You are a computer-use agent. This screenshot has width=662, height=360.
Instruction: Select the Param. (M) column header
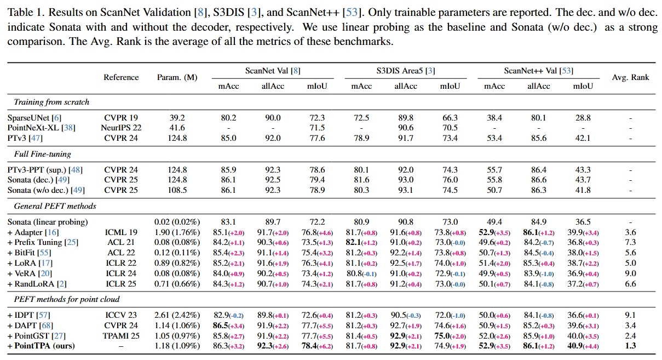pyautogui.click(x=177, y=77)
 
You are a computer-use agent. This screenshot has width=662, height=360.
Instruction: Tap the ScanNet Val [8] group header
pyautogui.click(x=273, y=70)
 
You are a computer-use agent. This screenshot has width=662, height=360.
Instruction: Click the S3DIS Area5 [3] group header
pyautogui.click(x=405, y=70)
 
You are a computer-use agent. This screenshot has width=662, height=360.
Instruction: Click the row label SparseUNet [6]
pyautogui.click(x=34, y=118)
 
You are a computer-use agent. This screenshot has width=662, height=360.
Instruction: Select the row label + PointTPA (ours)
pyautogui.click(x=41, y=346)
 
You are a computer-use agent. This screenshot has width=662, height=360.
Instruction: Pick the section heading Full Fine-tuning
pyautogui.click(x=43, y=154)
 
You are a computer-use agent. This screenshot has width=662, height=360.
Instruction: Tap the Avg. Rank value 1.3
pyautogui.click(x=630, y=346)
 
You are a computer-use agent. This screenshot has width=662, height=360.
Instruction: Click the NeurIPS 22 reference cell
pyautogui.click(x=121, y=128)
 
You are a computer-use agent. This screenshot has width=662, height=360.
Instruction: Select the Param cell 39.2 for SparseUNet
pyautogui.click(x=177, y=118)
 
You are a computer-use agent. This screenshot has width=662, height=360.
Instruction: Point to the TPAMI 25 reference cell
pyautogui.click(x=121, y=336)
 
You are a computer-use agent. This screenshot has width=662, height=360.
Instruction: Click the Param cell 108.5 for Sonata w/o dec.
pyautogui.click(x=177, y=190)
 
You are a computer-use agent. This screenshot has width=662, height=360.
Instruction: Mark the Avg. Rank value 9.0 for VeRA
pyautogui.click(x=630, y=273)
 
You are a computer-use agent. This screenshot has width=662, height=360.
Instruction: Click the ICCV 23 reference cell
pyautogui.click(x=121, y=315)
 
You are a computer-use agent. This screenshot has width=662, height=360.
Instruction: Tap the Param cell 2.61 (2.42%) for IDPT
pyautogui.click(x=177, y=315)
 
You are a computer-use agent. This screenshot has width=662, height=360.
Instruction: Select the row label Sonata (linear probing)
pyautogui.click(x=47, y=222)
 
